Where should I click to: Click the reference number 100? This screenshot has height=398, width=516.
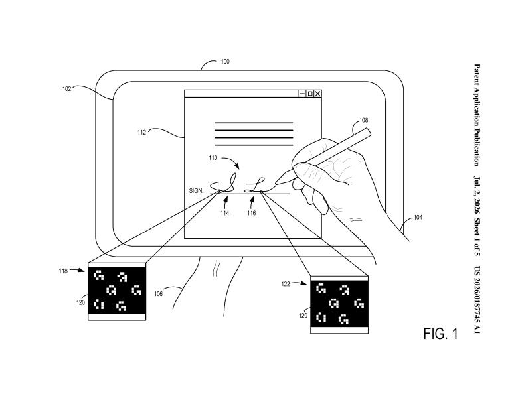tap(224, 62)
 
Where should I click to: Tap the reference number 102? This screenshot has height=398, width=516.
tap(67, 88)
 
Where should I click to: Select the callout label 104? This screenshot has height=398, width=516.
tap(418, 217)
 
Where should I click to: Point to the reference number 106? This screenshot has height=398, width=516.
tap(158, 293)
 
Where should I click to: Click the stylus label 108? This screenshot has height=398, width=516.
tap(364, 120)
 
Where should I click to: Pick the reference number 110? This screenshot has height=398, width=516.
tap(213, 158)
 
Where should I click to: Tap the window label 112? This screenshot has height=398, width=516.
tap(141, 133)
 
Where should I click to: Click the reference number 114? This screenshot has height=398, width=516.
tap(224, 213)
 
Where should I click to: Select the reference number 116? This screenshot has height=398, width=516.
tap(252, 213)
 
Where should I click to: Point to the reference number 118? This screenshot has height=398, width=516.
tap(63, 271)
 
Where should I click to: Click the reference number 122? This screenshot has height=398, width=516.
tap(286, 284)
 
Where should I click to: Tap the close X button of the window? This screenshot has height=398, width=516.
tap(317, 94)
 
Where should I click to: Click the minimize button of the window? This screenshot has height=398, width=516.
tap(301, 94)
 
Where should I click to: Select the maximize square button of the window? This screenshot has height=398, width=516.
tap(309, 94)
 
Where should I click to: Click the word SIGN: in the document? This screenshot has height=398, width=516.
tap(196, 190)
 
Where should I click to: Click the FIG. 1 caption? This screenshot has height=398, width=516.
tap(441, 334)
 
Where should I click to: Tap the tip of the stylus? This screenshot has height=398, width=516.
tap(276, 183)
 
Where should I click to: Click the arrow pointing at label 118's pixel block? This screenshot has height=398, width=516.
tap(77, 270)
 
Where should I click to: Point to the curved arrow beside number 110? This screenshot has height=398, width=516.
tap(231, 161)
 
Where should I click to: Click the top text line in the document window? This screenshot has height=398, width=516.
tap(254, 123)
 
